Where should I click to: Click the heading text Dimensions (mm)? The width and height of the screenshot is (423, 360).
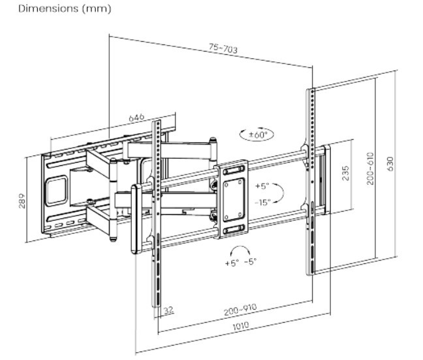(x=57, y=9)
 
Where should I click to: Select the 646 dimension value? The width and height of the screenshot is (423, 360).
(x=136, y=118)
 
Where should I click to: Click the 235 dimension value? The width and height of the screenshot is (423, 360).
(x=346, y=172)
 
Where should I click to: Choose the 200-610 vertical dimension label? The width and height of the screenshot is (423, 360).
(x=370, y=169)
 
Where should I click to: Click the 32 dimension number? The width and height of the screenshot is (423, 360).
(x=169, y=311)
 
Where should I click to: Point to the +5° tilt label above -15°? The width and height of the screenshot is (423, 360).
(x=262, y=186)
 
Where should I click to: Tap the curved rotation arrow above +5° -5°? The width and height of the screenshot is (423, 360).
(x=240, y=250)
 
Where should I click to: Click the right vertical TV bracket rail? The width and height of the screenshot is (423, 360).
(x=311, y=183)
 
